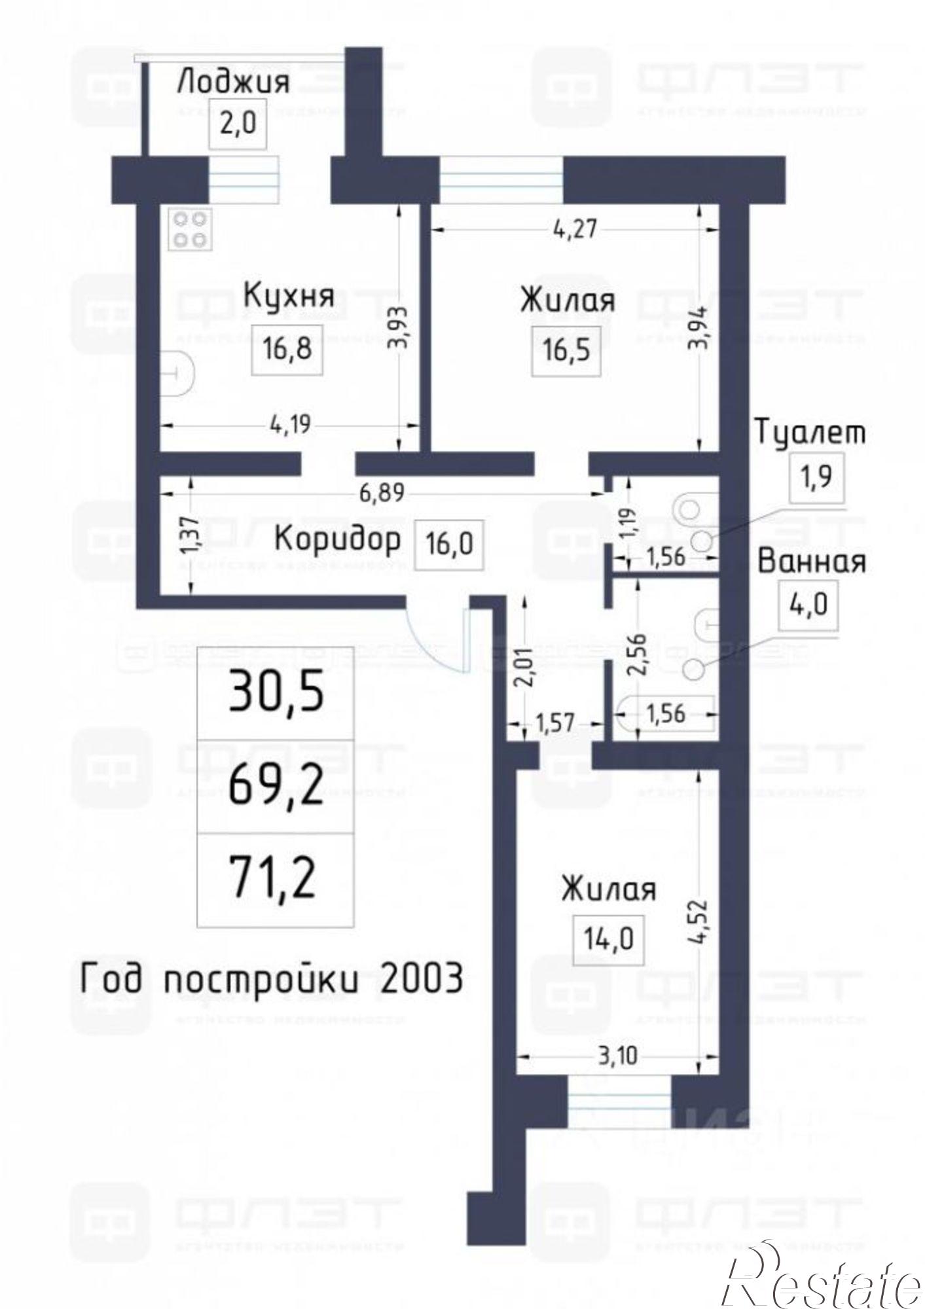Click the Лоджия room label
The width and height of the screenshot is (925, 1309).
pos(233,83)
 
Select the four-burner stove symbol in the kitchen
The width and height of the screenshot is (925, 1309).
pos(190,228)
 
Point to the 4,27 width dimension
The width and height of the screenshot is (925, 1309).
pos(575,230)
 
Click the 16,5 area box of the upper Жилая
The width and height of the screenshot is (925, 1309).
pos(566,350)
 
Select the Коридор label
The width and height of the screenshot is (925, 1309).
pos(336,541)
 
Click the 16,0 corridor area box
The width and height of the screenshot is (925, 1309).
pos(449,543)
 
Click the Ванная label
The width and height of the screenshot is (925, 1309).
pos(812,562)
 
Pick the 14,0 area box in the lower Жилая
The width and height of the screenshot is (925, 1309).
pos(608,940)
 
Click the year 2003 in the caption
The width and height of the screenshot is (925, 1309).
pos(420,979)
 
